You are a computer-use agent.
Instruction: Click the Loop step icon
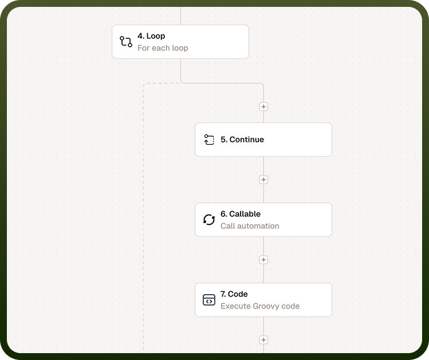click(126, 42)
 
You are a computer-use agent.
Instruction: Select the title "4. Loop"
click(151, 36)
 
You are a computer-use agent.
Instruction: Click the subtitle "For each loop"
click(163, 48)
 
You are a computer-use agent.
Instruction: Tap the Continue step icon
click(209, 140)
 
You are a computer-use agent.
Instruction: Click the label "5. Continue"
click(242, 140)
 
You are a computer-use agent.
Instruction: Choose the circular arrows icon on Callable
click(209, 220)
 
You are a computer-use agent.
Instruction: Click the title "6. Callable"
click(241, 213)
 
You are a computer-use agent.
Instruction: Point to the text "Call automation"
click(250, 226)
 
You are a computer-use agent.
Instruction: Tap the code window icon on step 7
click(209, 299)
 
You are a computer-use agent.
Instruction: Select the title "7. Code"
click(234, 294)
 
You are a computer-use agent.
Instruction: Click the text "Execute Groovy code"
click(260, 306)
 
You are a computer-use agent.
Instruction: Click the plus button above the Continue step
click(263, 106)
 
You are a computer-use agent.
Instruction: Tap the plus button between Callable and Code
click(263, 260)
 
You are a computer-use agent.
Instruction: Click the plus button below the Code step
click(263, 340)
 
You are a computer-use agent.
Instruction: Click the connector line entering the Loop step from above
click(180, 16)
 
